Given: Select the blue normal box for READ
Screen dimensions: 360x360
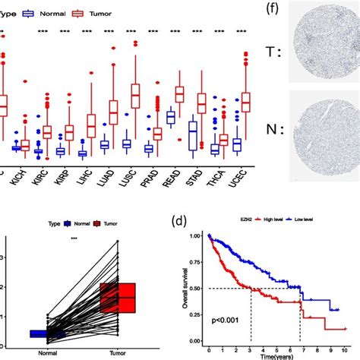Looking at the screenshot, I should tap(171, 116).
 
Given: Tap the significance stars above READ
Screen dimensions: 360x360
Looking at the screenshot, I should tap(175, 32).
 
